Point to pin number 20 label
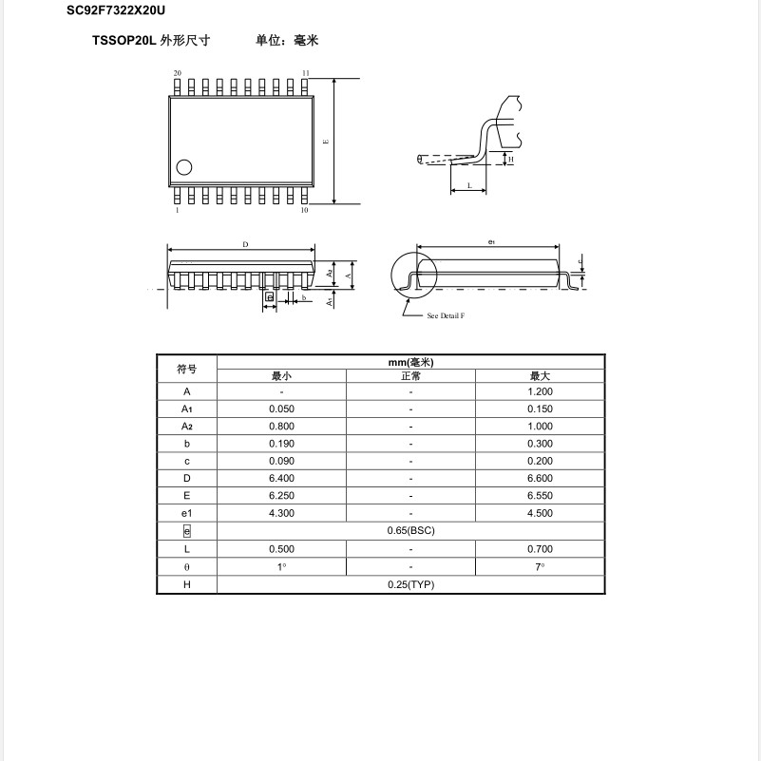tap(177, 73)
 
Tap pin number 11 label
tap(305, 73)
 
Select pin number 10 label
tap(304, 210)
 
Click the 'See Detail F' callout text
tap(446, 315)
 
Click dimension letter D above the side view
tap(245, 245)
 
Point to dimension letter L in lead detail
tap(469, 186)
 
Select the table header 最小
tap(281, 376)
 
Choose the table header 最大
tap(540, 376)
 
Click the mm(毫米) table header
tap(410, 363)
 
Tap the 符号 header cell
tap(187, 370)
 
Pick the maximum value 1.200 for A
tap(540, 391)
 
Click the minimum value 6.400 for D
tap(281, 479)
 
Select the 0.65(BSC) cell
tap(410, 530)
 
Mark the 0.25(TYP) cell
tap(410, 584)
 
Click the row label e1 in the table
tap(187, 513)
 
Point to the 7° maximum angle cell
tap(540, 566)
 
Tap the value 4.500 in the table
tap(540, 513)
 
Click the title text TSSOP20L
tap(124, 41)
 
